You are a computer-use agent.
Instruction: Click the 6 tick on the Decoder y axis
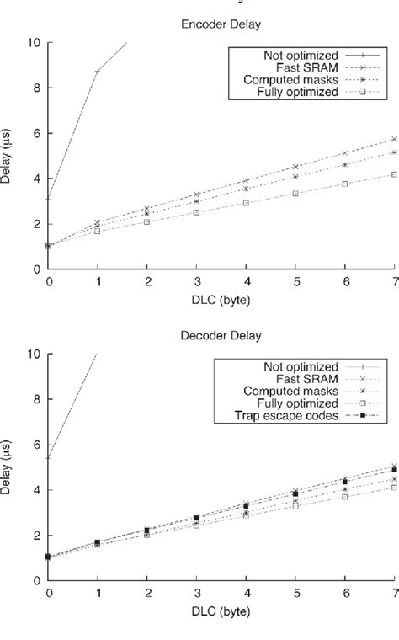(37, 445)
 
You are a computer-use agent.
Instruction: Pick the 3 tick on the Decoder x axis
(196, 594)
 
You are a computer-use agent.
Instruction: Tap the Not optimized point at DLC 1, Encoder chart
(98, 72)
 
